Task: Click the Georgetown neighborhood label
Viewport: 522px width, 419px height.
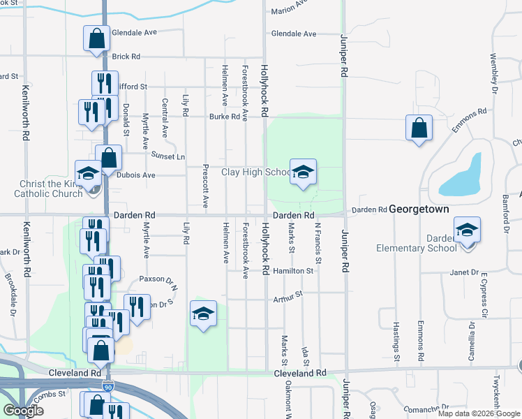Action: click(x=428, y=209)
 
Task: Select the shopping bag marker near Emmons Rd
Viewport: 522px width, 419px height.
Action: click(x=419, y=128)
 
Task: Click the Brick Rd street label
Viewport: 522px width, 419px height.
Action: click(x=126, y=57)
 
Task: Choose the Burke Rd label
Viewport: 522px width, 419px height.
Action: click(x=225, y=117)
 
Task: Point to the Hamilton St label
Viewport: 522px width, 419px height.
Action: click(x=293, y=270)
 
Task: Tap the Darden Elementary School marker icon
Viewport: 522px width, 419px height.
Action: click(x=467, y=230)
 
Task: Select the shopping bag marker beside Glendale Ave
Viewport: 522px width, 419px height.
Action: click(x=97, y=39)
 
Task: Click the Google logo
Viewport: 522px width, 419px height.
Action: click(x=22, y=411)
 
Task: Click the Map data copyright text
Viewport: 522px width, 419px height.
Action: click(x=478, y=413)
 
